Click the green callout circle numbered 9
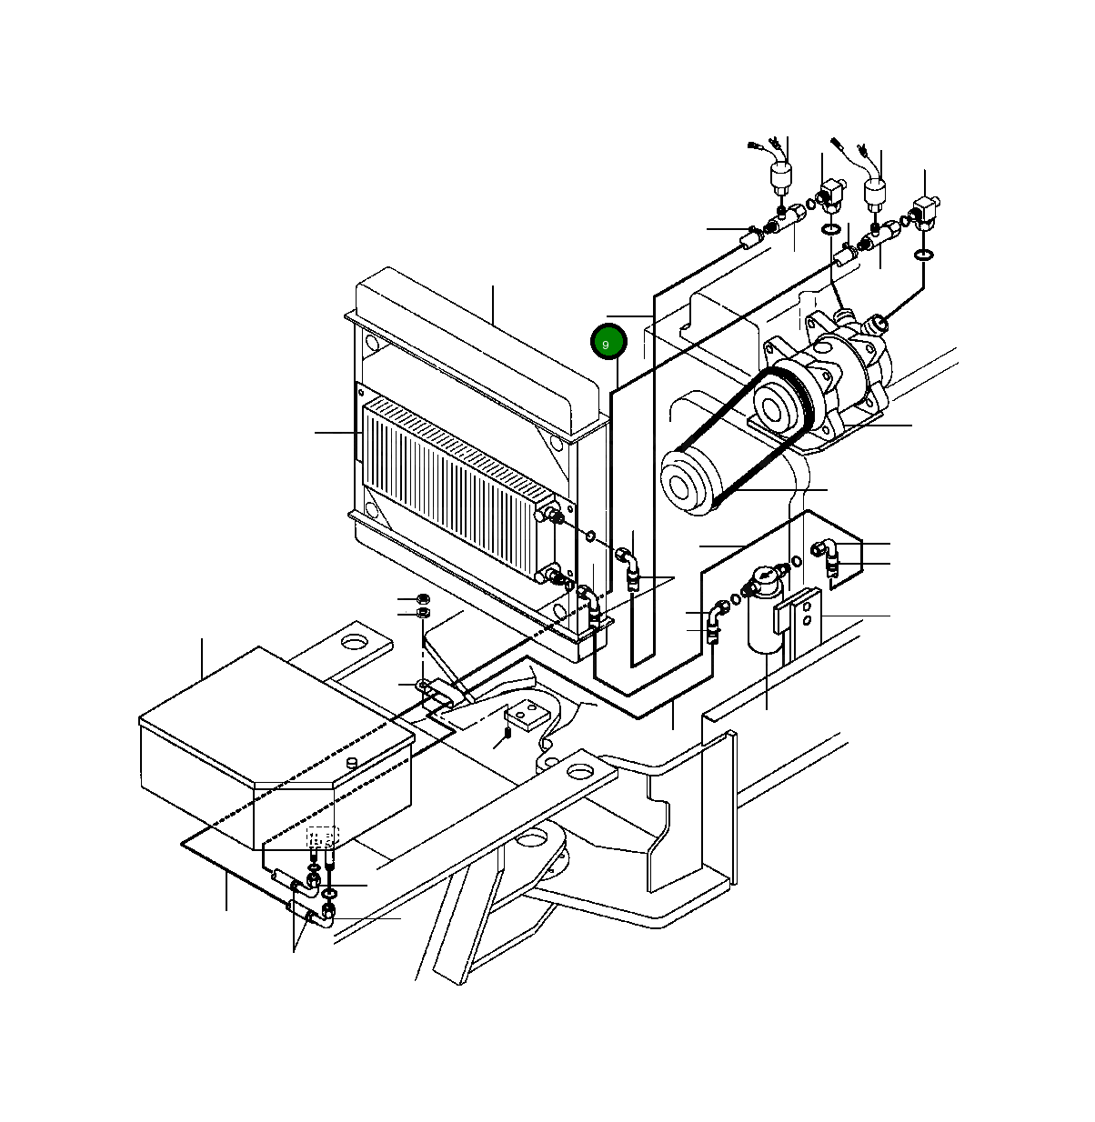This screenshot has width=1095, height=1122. coord(608,341)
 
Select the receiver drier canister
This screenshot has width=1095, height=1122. coord(766,610)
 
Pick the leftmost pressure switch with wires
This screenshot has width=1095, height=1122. coord(780,175)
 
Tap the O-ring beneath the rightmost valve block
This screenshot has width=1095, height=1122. coord(924,255)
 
